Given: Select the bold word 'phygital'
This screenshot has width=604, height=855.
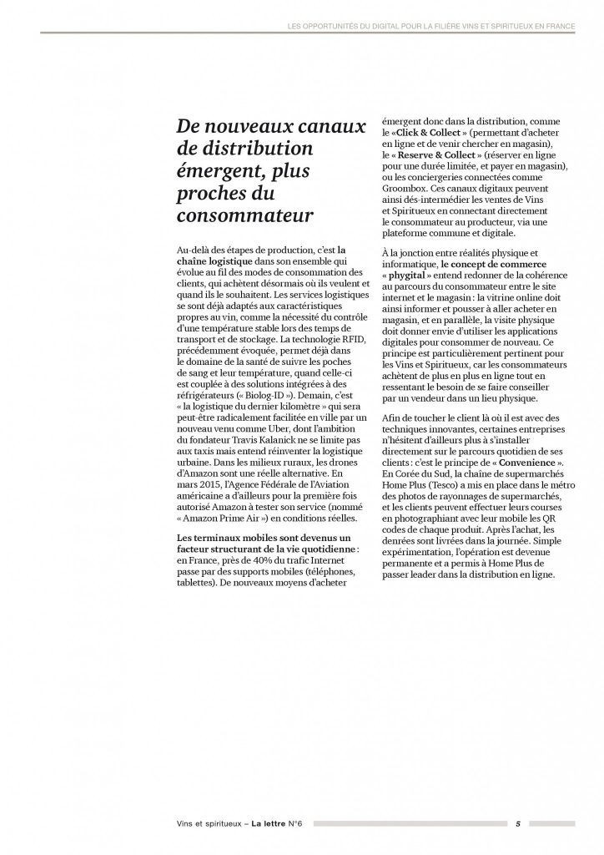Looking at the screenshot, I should [x=411, y=276].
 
